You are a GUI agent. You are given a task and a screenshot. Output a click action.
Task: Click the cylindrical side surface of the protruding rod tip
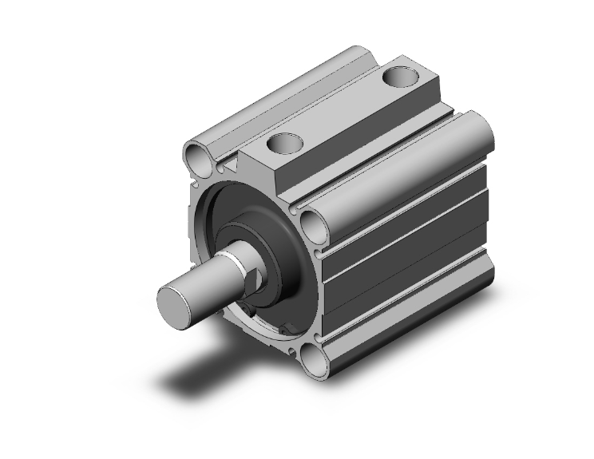(x=200, y=279)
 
